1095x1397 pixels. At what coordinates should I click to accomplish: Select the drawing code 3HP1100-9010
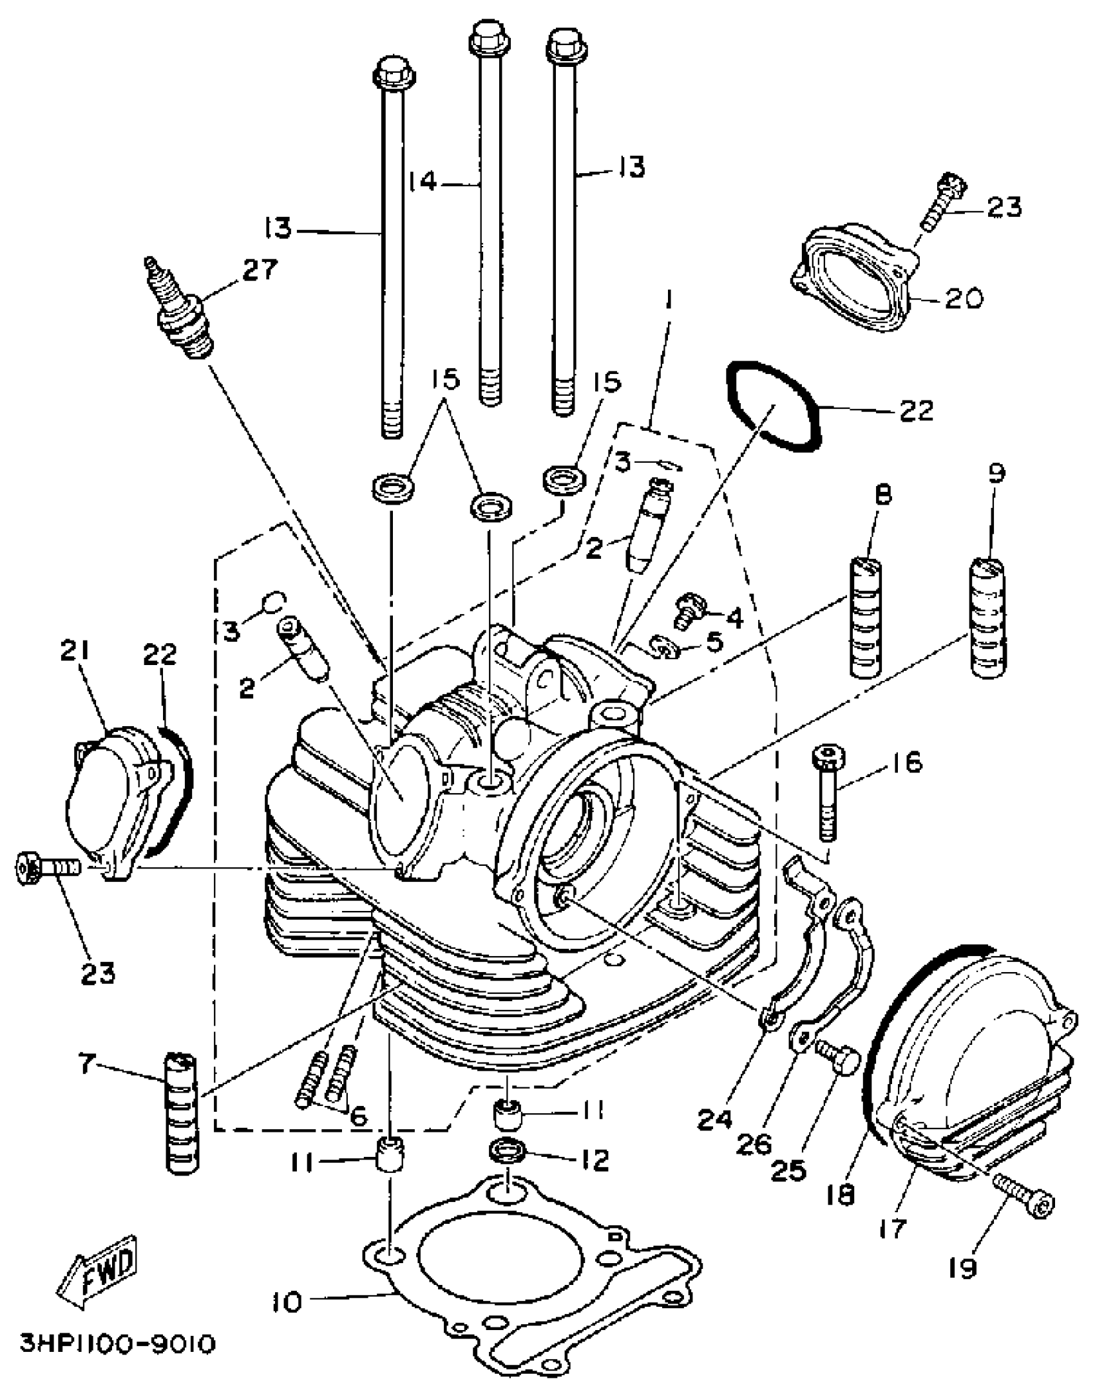(x=116, y=1344)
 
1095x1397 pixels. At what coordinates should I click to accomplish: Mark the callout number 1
(x=669, y=300)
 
